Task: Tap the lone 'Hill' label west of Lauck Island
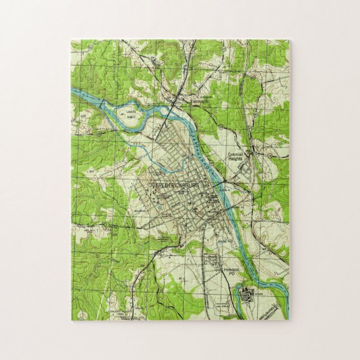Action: click(x=83, y=116)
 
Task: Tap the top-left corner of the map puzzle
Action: click(x=72, y=40)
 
